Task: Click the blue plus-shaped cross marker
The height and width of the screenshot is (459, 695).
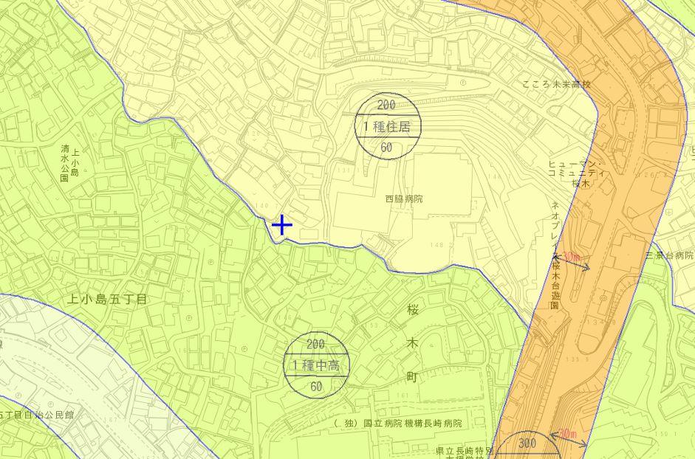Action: [x=282, y=225]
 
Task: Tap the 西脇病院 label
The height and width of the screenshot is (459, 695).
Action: [x=403, y=199]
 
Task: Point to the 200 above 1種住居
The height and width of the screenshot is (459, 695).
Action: [x=386, y=106]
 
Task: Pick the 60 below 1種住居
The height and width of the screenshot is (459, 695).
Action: [x=386, y=147]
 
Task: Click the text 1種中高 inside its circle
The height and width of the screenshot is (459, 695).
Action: [x=316, y=365]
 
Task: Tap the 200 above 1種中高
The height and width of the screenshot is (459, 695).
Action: [x=315, y=344]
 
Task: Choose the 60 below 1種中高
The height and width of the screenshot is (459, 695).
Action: [x=316, y=386]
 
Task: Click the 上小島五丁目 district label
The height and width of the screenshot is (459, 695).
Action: [x=108, y=299]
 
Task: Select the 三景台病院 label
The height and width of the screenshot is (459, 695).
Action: [x=669, y=255]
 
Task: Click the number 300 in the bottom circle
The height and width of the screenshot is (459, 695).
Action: [x=527, y=444]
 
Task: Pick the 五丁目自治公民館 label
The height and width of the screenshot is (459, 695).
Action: [x=37, y=415]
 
